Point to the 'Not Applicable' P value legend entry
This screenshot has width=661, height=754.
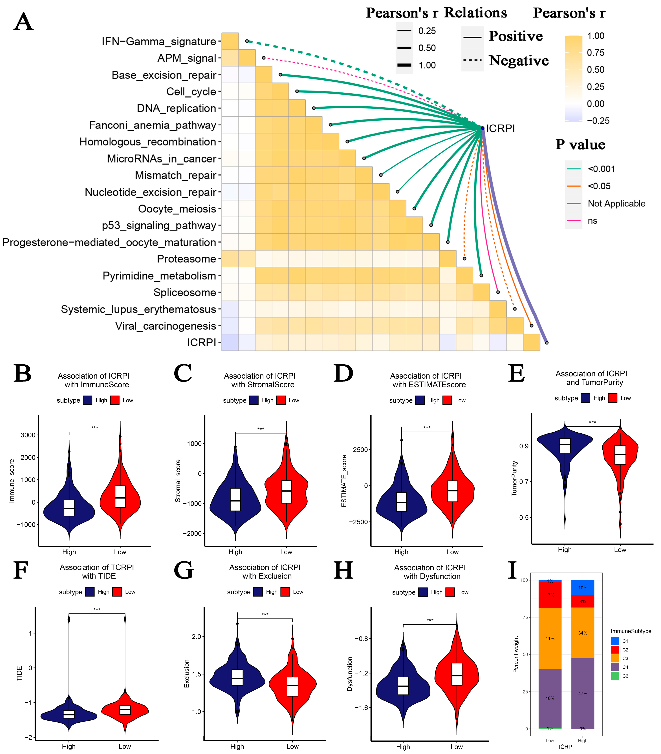[x=616, y=203]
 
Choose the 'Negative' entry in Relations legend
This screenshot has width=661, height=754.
[x=518, y=61]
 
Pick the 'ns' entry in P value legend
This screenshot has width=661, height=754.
[x=592, y=221]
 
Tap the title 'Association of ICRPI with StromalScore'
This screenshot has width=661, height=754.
[x=260, y=380]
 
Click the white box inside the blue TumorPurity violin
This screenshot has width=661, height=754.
[x=565, y=446]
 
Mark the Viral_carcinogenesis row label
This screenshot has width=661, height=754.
[x=165, y=326]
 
